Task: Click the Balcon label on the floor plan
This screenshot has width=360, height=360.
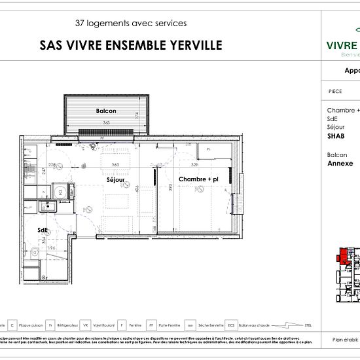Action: pos(106,111)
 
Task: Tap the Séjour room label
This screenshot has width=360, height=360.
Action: pos(116,179)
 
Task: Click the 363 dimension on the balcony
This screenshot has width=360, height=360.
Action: pos(105,122)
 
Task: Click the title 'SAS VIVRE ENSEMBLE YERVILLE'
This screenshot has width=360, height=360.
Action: pos(131,45)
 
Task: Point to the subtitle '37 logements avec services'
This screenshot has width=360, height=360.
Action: pos(131,23)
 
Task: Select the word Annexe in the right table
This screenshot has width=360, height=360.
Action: pos(340,164)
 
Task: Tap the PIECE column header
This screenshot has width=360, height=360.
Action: pos(334,92)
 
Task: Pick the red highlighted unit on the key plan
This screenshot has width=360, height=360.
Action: pos(341,257)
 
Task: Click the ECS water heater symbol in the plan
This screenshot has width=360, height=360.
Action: pos(60,192)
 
